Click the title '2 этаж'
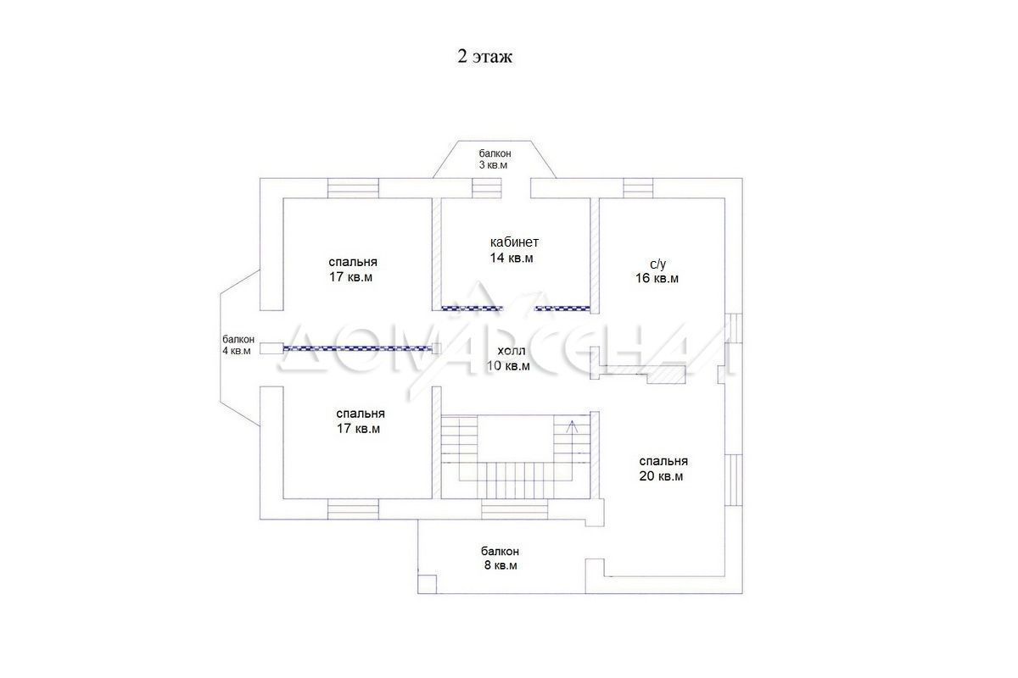(484, 57)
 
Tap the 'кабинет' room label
(514, 242)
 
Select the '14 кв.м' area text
(512, 258)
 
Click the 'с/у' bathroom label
(657, 264)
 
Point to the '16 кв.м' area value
(657, 278)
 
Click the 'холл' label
(512, 351)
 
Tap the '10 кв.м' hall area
(508, 365)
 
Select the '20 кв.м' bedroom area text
(661, 476)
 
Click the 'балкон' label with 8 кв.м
(500, 552)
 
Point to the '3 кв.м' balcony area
(493, 165)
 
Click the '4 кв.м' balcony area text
(237, 351)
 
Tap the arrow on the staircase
(572, 426)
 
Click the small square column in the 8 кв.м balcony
(428, 585)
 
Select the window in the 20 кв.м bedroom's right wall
(734, 480)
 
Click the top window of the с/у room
(638, 188)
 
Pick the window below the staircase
(514, 509)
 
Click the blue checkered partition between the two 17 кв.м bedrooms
(357, 348)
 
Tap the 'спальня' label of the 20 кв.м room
(663, 461)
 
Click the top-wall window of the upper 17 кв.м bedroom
(353, 188)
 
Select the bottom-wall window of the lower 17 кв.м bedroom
(353, 509)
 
